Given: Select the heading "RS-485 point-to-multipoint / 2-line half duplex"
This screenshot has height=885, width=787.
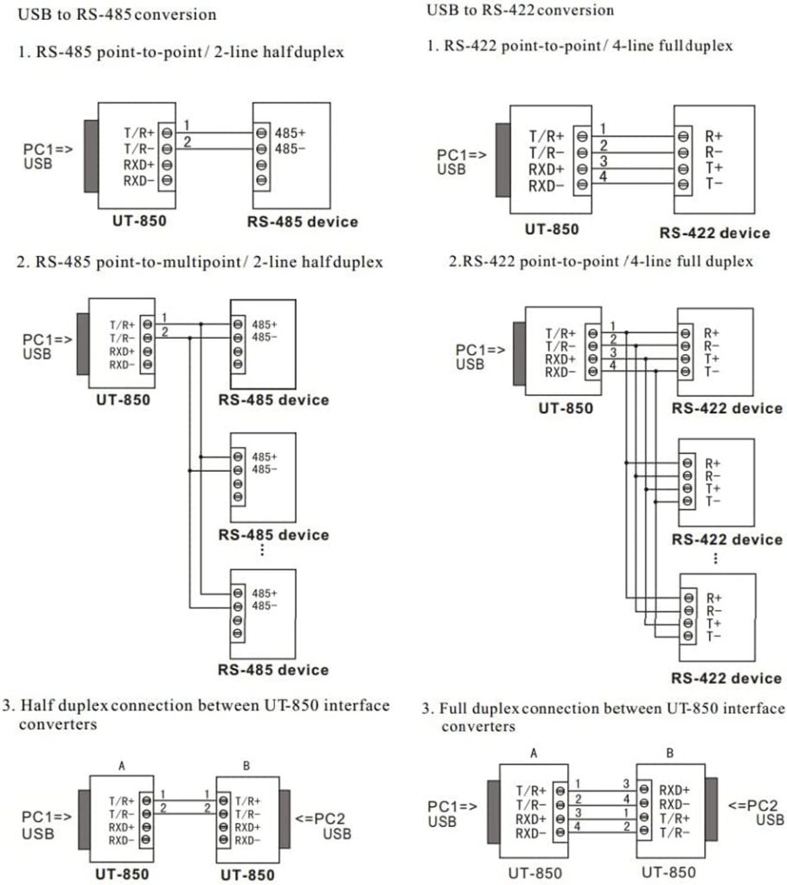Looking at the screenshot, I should pos(200,261).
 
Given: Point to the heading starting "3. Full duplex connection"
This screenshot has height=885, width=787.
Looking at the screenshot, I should pos(602,710).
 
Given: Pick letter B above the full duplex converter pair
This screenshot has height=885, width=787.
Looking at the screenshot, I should pos(669,753).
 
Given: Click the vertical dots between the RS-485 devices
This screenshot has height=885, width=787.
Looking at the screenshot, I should pos(262,551).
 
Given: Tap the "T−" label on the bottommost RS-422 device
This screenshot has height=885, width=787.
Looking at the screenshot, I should pos(713,636).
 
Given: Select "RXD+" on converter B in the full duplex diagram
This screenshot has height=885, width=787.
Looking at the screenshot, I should pos(675,789).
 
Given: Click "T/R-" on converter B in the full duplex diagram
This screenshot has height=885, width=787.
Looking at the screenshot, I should pos(675,831).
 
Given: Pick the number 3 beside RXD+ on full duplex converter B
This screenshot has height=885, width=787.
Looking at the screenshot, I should pos(625,783).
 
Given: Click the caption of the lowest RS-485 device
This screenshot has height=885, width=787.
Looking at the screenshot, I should pos(274,670).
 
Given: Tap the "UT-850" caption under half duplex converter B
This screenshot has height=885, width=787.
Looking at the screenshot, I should pos(248,874).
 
